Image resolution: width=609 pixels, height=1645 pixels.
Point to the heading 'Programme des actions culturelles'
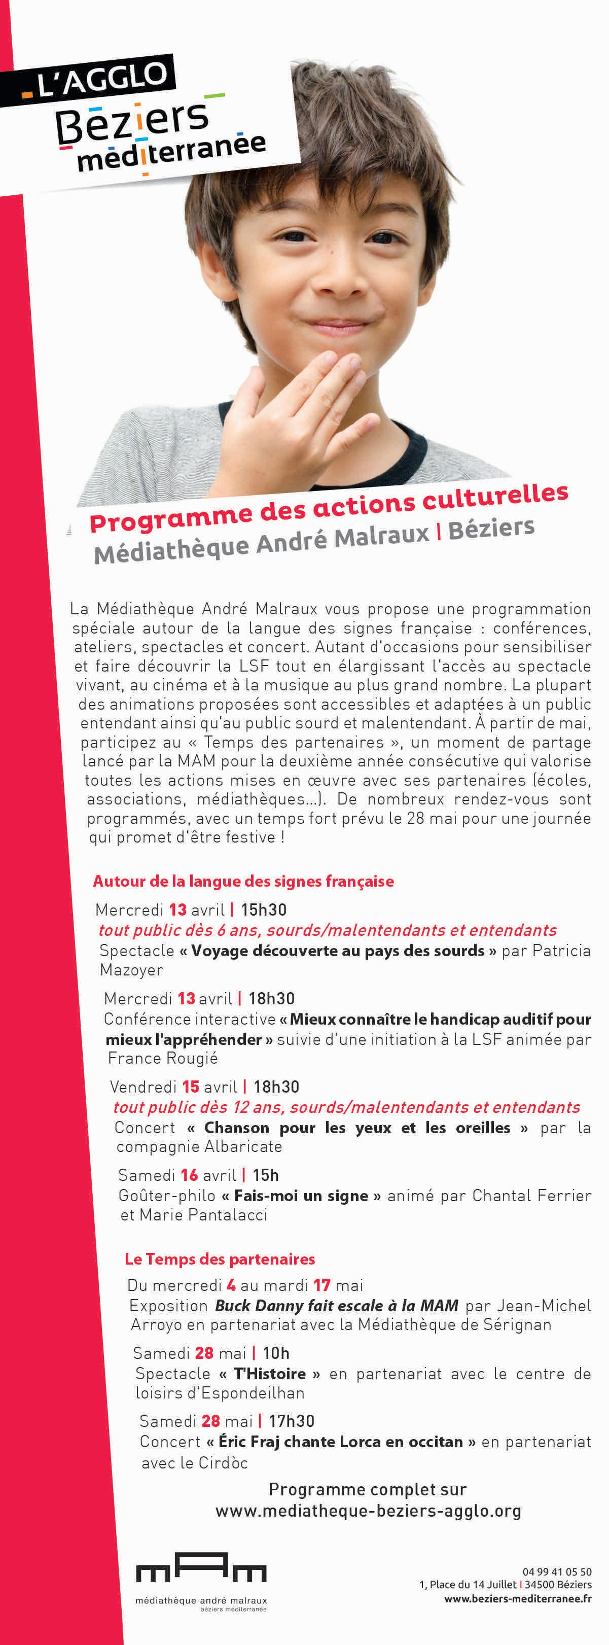(328, 508)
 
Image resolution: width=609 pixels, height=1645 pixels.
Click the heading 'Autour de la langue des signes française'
(243, 881)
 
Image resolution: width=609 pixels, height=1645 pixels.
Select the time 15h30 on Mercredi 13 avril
(263, 909)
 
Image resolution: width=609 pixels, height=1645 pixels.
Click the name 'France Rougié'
(163, 1058)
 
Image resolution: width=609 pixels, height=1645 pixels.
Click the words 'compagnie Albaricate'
(199, 1146)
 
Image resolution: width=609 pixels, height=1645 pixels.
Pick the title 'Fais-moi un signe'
(301, 1196)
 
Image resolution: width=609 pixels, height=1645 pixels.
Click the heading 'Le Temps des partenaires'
(220, 1258)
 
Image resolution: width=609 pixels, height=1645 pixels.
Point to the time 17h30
(291, 1421)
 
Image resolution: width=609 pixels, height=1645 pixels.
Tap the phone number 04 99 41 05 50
(557, 1571)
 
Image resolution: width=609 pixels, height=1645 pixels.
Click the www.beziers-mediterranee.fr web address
(518, 1598)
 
